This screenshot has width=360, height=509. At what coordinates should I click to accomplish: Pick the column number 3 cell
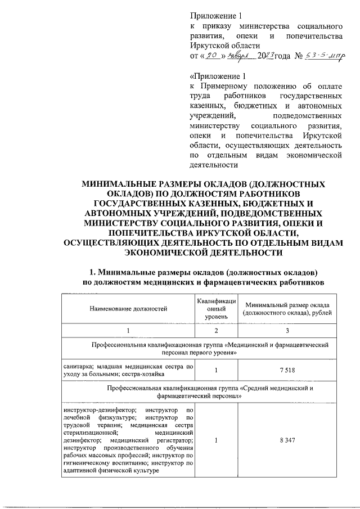coord(287,330)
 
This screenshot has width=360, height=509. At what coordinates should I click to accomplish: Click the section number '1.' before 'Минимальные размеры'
coord(87,271)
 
